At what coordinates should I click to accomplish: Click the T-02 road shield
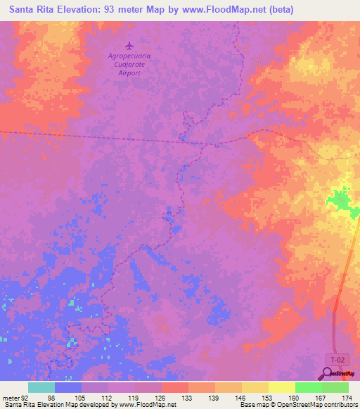(x=339, y=359)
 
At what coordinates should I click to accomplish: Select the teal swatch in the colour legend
(x=41, y=387)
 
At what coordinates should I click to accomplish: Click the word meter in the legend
(x=11, y=397)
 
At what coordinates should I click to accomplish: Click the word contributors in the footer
(x=337, y=405)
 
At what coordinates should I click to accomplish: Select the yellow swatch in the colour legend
(x=282, y=387)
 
